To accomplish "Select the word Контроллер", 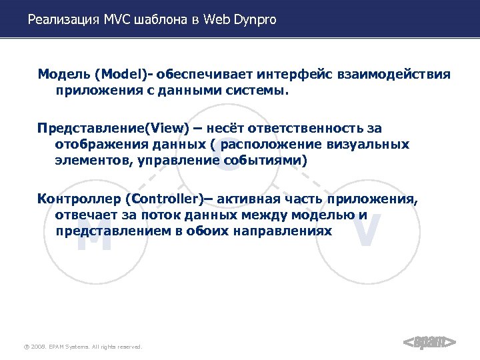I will pyautogui.click(x=79, y=199).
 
